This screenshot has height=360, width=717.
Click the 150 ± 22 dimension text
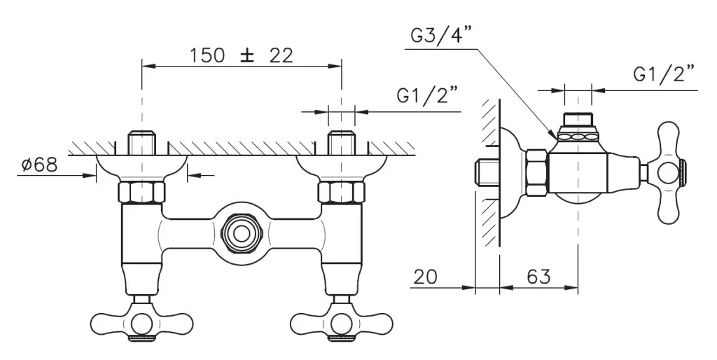(242, 55)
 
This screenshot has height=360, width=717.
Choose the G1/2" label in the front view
(427, 96)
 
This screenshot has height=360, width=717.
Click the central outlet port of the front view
(242, 228)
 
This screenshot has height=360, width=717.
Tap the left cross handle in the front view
(141, 322)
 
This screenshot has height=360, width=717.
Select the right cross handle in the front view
(341, 322)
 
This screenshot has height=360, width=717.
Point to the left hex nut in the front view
(141, 191)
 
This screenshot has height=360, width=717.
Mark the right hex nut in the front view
(341, 191)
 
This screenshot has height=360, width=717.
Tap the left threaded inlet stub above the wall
(141, 144)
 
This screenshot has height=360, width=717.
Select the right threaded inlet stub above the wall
(341, 144)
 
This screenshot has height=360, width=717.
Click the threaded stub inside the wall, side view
(487, 172)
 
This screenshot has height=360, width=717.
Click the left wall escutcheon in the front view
(141, 167)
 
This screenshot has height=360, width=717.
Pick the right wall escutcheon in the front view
(341, 167)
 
